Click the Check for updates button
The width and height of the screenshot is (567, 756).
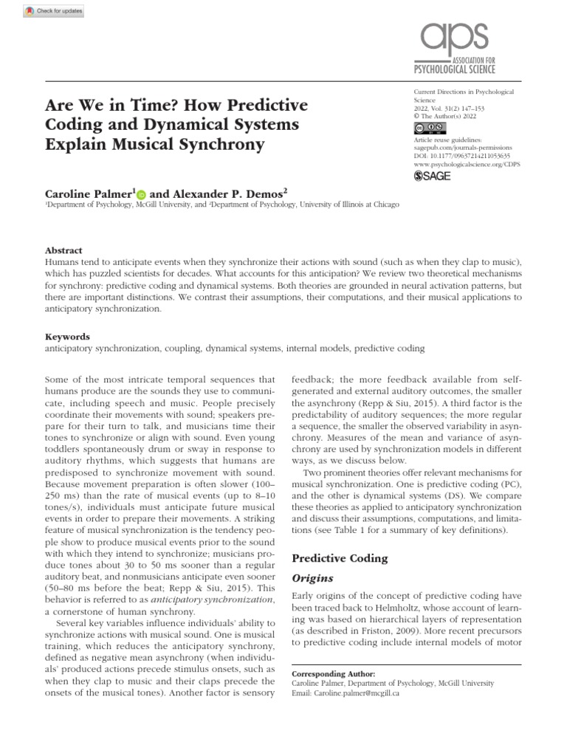point(54,12)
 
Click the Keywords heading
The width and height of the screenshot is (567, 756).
point(67,335)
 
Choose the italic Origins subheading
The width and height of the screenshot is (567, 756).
point(313,578)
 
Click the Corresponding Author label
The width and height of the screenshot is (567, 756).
point(334,674)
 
